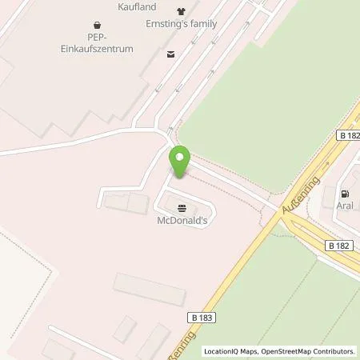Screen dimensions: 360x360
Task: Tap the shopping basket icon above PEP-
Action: (98, 24)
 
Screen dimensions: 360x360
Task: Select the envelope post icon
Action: (170, 54)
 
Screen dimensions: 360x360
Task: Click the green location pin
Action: (180, 162)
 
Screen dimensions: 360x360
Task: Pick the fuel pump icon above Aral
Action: (345, 193)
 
